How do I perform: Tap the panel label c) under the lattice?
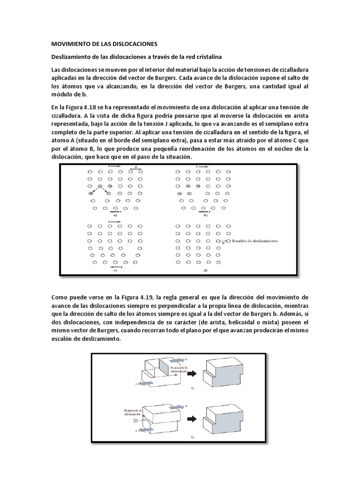[x=115, y=270]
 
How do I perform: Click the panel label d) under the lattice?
[x=205, y=270]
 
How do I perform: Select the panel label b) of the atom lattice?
[x=205, y=216]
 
